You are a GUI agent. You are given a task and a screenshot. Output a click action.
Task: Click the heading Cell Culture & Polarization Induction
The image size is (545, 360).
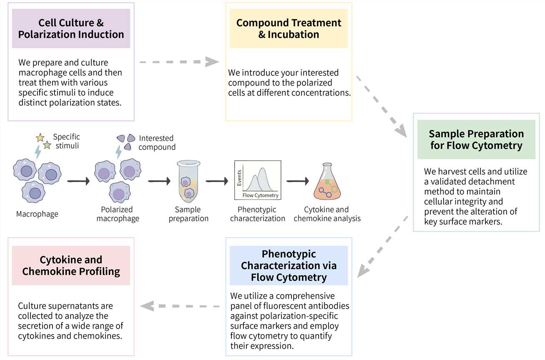[x=71, y=28]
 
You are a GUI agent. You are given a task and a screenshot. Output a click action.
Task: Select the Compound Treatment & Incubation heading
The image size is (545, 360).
[x=289, y=28]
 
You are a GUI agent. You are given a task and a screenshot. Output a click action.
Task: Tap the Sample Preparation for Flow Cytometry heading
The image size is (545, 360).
[x=476, y=140]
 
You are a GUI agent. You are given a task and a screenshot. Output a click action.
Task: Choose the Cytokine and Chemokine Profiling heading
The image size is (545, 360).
[x=71, y=266]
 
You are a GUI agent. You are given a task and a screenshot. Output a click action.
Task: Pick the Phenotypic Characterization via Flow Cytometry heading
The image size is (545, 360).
[x=289, y=265]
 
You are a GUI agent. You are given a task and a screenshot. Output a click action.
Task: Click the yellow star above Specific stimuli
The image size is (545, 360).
[x=40, y=137]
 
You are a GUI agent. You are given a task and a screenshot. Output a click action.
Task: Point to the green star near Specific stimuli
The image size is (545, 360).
[x=47, y=145]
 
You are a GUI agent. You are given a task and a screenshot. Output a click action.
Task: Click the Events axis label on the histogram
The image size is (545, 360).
[x=239, y=177]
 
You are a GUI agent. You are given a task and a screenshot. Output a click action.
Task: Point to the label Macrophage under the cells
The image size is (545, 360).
[x=37, y=214]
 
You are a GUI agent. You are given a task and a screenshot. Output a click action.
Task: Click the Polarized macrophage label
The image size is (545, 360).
[x=118, y=214]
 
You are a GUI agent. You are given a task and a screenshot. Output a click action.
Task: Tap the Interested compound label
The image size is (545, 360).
[x=157, y=142]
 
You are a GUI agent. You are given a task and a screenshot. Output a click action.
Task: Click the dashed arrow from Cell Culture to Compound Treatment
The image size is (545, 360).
[x=179, y=62]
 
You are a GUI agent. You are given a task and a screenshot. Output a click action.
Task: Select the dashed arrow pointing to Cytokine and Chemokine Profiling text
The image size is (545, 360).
[x=180, y=306]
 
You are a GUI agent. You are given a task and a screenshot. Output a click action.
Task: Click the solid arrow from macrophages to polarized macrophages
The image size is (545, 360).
[x=78, y=181]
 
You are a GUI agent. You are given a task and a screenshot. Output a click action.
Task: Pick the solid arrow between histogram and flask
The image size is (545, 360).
[x=297, y=181]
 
